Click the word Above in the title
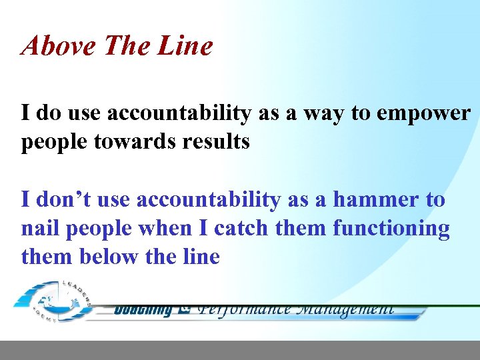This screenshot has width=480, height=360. (53, 46)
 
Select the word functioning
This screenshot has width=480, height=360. (391, 228)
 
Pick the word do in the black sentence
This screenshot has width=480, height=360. (47, 114)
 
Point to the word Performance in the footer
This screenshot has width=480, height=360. (245, 309)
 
